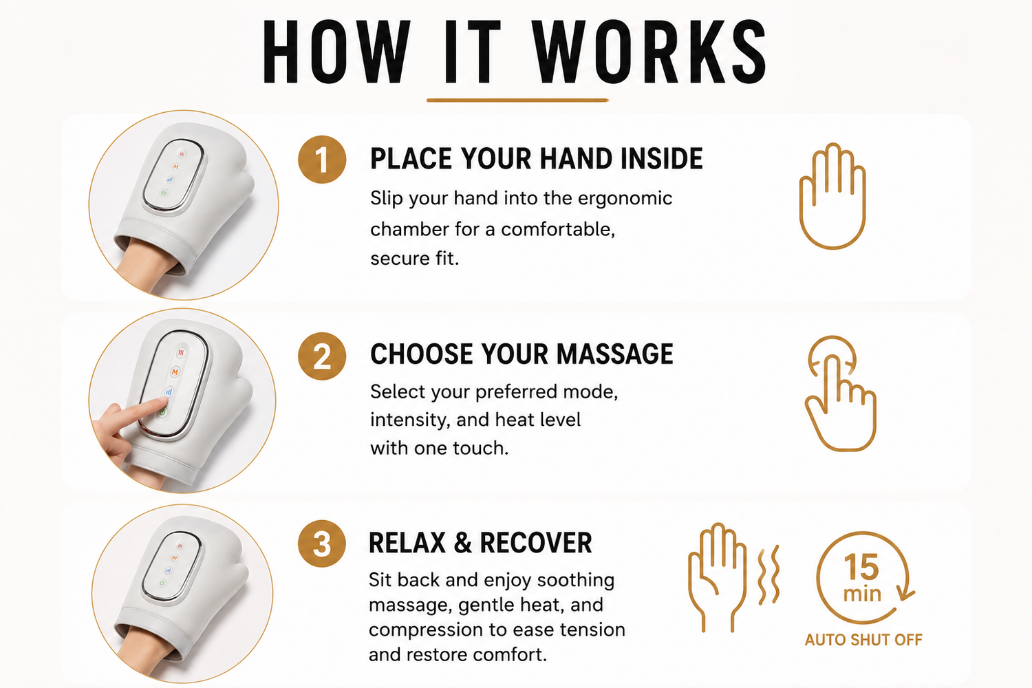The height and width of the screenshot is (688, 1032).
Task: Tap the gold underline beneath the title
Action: click(x=517, y=100)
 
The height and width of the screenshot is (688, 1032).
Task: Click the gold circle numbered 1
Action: click(x=322, y=160)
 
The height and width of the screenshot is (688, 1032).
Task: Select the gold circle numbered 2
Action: click(x=322, y=356)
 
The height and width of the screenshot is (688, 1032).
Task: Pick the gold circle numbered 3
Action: click(x=322, y=544)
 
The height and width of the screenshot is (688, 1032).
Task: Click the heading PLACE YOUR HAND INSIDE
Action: click(x=536, y=158)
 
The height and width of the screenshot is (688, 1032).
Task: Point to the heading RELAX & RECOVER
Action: click(x=480, y=542)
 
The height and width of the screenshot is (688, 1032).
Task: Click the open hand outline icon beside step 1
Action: click(x=832, y=196)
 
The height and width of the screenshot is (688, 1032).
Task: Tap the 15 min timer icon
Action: click(x=864, y=578)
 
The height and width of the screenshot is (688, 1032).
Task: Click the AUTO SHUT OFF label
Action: click(x=863, y=640)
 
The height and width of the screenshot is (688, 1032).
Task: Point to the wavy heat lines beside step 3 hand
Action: click(x=768, y=574)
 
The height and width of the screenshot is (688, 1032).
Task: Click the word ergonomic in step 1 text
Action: click(x=625, y=199)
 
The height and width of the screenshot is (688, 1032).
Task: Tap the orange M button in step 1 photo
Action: click(x=175, y=166)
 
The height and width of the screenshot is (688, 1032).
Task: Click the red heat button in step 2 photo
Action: click(x=181, y=353)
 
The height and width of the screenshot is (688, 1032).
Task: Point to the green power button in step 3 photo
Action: click(x=162, y=583)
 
